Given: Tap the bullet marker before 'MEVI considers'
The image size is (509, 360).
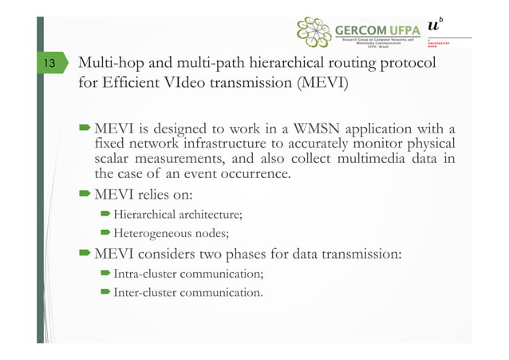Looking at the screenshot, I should [85, 255].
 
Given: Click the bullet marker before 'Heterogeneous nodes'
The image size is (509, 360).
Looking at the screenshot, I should [105, 234].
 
